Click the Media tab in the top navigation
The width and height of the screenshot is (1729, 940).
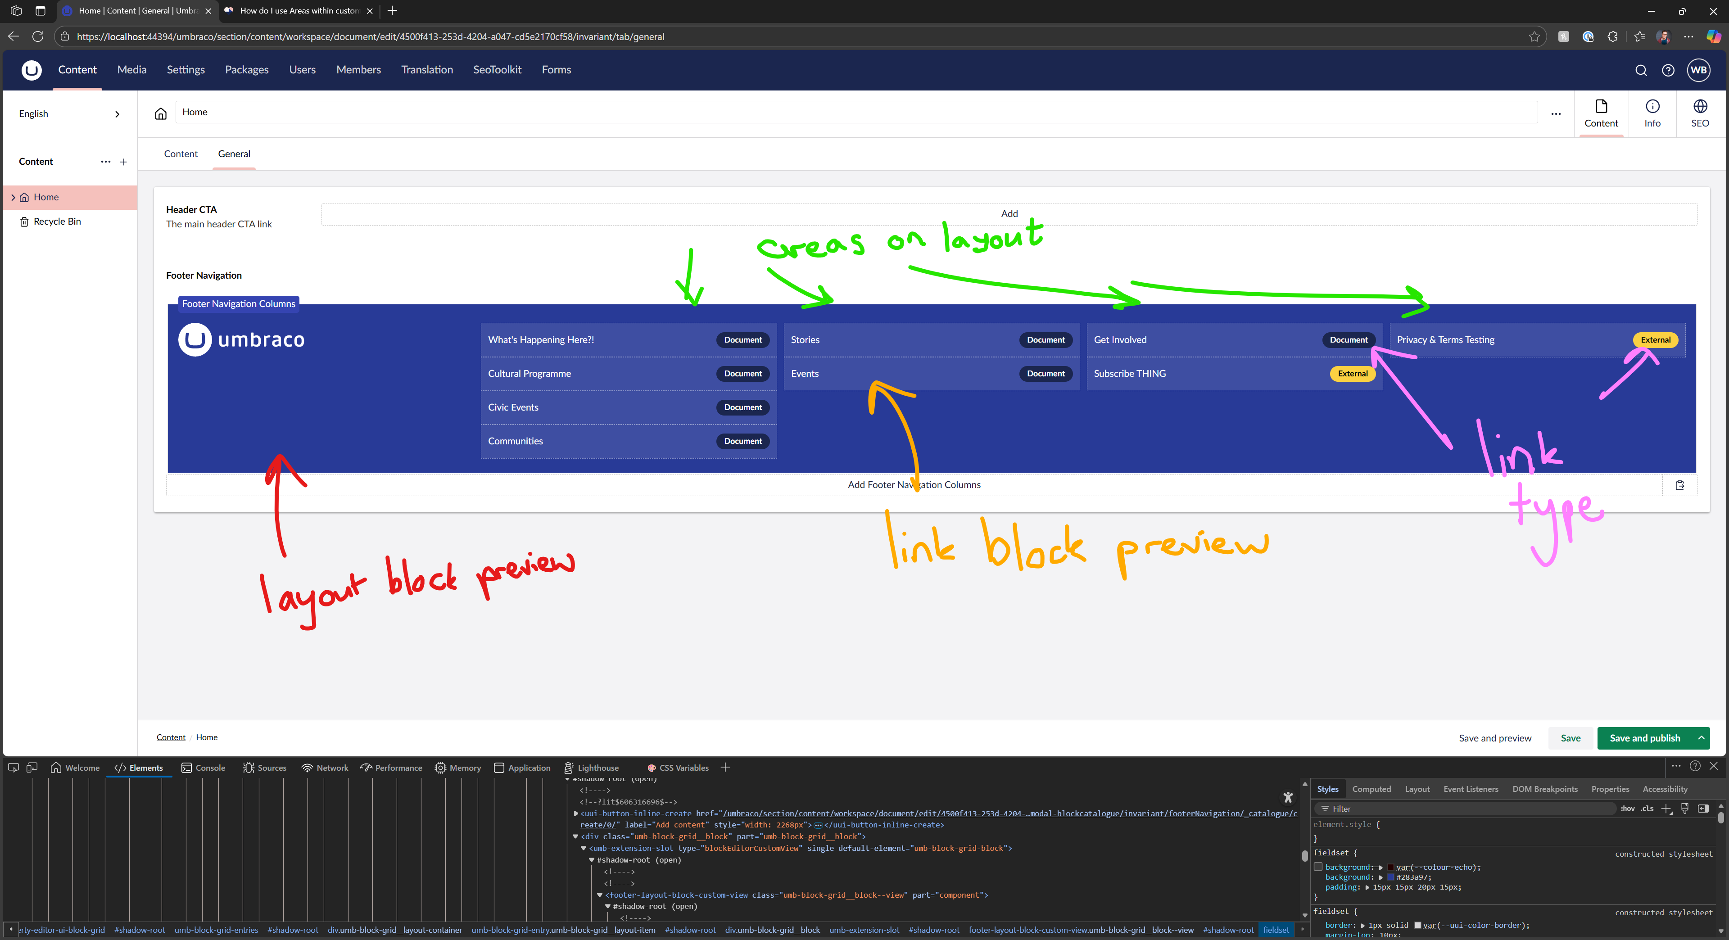coord(131,70)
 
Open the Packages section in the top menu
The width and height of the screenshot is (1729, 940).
coord(246,70)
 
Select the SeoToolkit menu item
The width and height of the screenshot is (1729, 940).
coord(497,70)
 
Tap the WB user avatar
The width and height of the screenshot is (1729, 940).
coord(1698,70)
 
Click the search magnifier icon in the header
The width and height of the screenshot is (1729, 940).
coord(1640,70)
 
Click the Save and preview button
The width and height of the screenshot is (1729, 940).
coord(1495,738)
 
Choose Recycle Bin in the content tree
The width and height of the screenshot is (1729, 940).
coord(57,221)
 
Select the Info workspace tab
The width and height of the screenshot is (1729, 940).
coord(1652,113)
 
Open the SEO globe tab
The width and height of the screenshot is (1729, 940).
coord(1699,113)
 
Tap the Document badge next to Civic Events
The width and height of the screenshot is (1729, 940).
coord(742,407)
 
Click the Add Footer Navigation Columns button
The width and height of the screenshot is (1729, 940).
coord(914,484)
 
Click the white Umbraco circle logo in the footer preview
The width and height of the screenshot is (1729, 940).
coord(195,339)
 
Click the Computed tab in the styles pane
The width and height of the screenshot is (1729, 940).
coord(1371,789)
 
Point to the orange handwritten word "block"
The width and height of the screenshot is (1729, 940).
coord(1034,546)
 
